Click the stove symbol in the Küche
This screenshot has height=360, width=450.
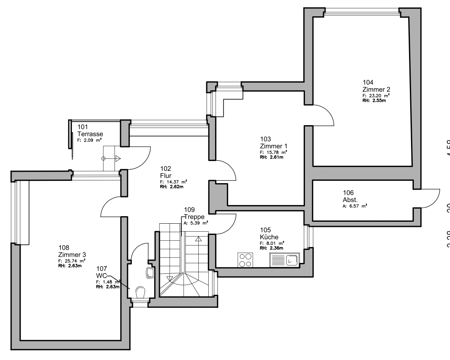245,260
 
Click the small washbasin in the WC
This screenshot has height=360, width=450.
151,273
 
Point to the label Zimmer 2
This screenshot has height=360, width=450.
373,89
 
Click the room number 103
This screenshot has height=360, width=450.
265,139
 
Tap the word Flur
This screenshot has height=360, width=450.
165,175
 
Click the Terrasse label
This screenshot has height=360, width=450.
90,134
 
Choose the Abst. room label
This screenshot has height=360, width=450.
339,199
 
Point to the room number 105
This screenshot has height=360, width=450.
265,230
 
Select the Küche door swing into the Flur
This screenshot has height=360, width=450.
227,224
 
